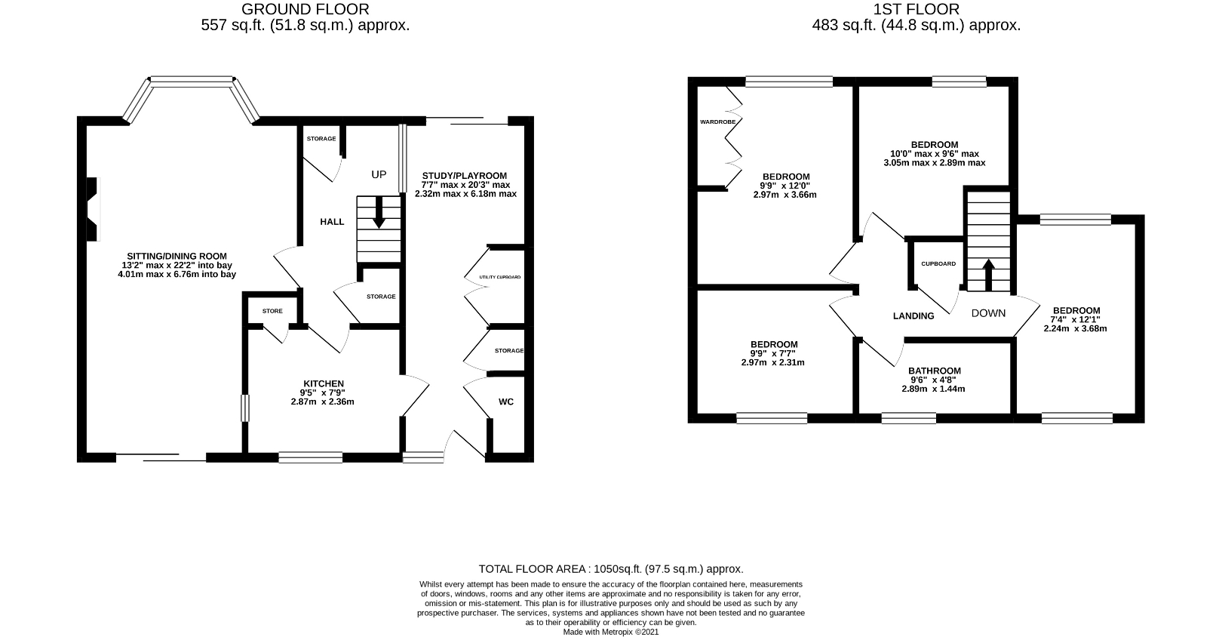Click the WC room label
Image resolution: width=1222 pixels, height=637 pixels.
tap(505, 402)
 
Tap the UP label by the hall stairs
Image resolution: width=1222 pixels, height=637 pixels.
tap(379, 174)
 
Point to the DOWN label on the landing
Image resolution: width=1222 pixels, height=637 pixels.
tap(988, 312)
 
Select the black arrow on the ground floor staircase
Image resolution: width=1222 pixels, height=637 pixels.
tap(379, 212)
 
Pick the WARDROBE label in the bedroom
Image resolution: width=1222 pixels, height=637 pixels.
tap(718, 122)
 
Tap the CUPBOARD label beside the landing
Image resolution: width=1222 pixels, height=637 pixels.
tap(938, 263)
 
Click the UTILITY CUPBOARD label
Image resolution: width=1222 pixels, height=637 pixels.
tap(499, 277)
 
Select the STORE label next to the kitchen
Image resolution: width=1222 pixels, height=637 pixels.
tap(272, 311)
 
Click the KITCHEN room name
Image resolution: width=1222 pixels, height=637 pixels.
tap(324, 383)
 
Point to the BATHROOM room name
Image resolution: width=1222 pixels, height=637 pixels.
tap(935, 371)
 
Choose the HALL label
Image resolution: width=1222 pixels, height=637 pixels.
tap(332, 222)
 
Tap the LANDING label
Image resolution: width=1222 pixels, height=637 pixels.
tap(913, 315)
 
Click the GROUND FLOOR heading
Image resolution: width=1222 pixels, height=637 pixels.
tap(305, 9)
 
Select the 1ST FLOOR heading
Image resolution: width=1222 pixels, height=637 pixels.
tap(916, 9)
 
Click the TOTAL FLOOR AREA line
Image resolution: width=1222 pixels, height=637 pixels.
tap(611, 569)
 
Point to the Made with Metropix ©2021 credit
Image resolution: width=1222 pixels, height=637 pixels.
tap(611, 632)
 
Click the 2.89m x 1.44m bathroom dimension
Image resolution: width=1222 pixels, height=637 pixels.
tap(933, 389)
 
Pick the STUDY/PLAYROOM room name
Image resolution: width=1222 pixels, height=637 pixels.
tap(464, 176)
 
